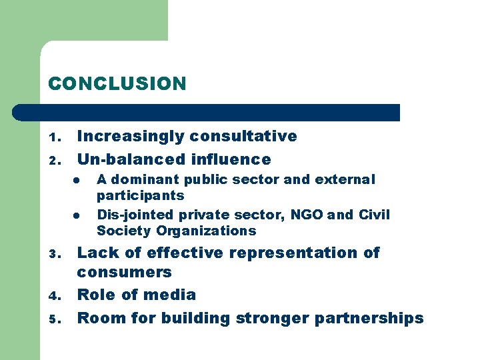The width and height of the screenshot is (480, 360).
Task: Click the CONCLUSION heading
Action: click(x=117, y=84)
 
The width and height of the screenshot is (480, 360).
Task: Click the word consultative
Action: click(x=243, y=136)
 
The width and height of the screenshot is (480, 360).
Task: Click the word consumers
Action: click(x=124, y=272)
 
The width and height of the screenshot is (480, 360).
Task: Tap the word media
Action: click(x=172, y=295)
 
